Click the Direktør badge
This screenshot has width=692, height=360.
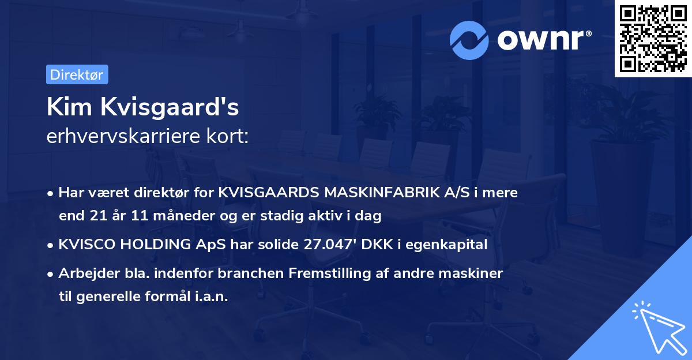77,74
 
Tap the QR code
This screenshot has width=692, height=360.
653,39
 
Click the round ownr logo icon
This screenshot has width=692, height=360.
469,40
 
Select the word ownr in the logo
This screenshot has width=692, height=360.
542,40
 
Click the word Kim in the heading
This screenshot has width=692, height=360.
65,107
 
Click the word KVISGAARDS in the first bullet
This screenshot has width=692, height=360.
269,193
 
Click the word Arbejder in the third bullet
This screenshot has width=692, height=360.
83,273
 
